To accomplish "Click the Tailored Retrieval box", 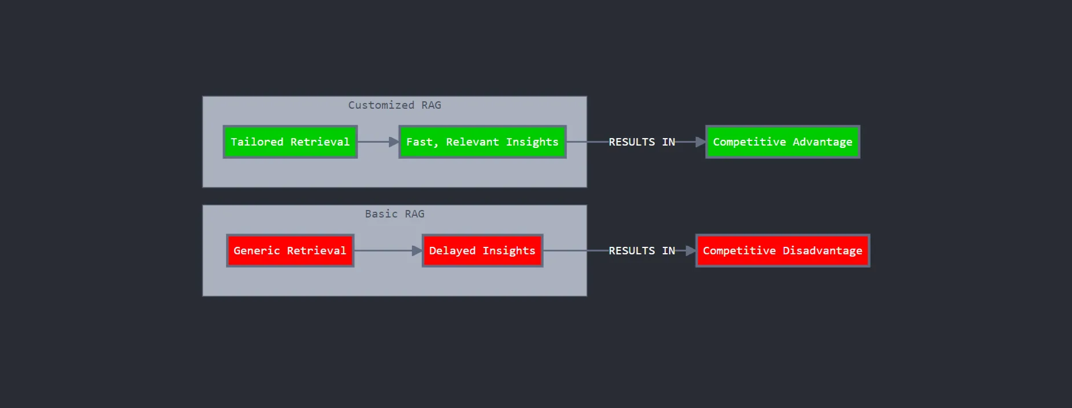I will coord(290,142).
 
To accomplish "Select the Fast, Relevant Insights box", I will coord(482,142).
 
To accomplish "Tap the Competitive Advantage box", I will coord(783,142).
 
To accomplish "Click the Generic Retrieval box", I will coord(290,251).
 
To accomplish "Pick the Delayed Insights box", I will coord(482,251).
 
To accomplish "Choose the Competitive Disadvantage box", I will coord(783,251).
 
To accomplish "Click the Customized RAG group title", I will coord(395,105).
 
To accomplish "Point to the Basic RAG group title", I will coord(395,214).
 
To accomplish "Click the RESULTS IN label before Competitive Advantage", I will coord(642,142).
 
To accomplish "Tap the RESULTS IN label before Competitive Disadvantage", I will coord(642,251).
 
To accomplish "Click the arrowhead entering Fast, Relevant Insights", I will coord(394,142).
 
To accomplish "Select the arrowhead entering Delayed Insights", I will coord(417,251).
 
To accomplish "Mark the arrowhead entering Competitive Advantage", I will coord(701,142).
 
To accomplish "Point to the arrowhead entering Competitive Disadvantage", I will coord(691,251).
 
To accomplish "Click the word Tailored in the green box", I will coord(257,142).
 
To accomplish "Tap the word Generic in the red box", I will coord(256,251).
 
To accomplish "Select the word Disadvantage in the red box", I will coord(822,251).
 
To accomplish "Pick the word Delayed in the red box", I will coord(452,251).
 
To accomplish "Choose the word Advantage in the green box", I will coord(822,142).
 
